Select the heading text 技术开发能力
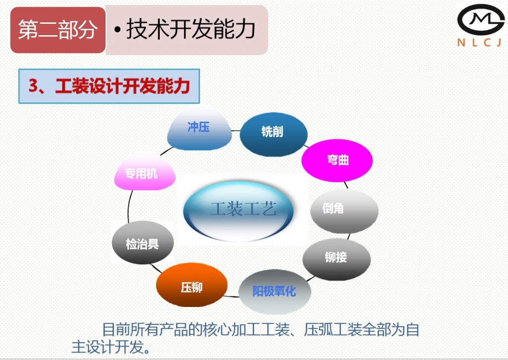191,30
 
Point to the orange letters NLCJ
480,43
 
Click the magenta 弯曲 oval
337,160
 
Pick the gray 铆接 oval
336,257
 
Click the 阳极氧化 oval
274,291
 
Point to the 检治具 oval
143,243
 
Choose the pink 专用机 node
144,174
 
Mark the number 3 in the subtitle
33,86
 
